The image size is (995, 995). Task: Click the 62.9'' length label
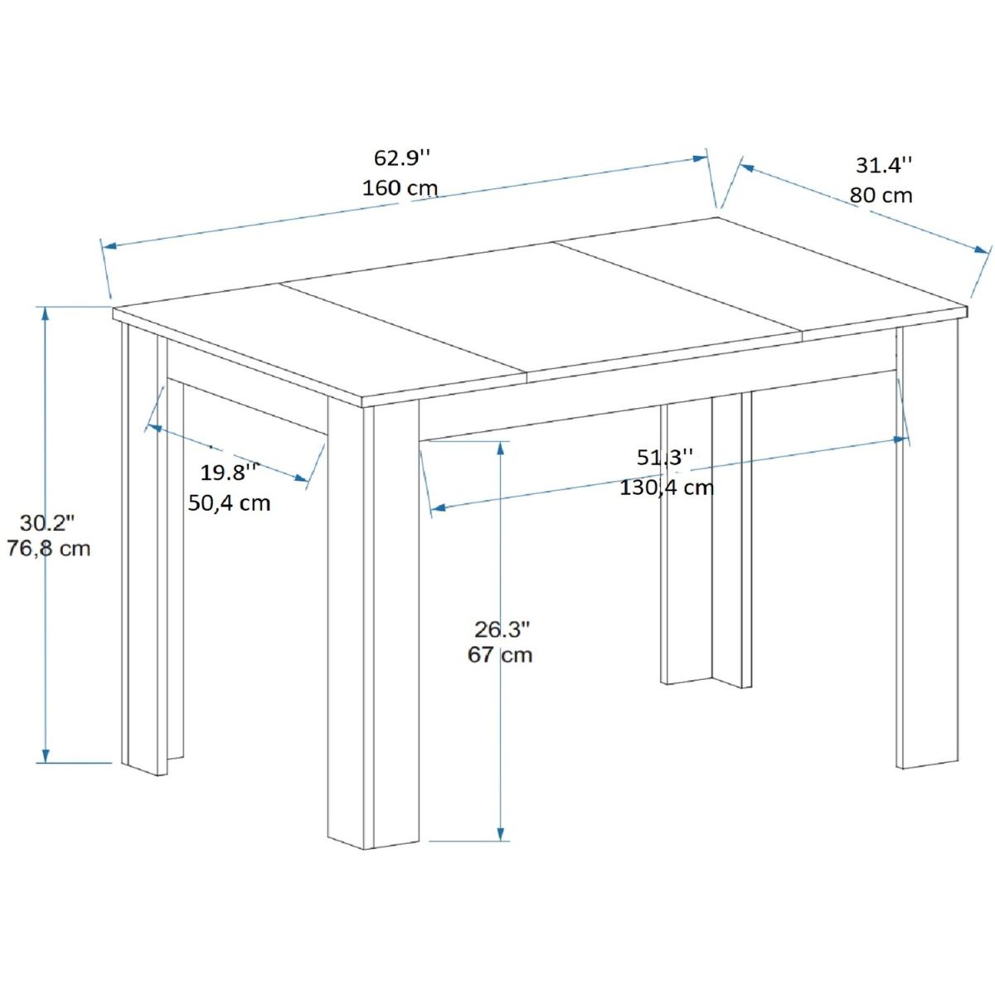tap(401, 158)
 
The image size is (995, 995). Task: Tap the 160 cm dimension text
tap(400, 188)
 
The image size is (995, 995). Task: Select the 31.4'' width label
tap(884, 165)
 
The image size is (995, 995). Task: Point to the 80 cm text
tap(881, 195)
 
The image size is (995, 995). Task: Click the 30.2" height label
tap(47, 523)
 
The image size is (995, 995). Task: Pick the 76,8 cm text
tap(49, 548)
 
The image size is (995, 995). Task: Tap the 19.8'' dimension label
tap(229, 473)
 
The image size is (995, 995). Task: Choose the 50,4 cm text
tap(229, 502)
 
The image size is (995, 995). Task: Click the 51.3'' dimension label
tap(665, 458)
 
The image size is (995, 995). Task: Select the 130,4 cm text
tap(667, 487)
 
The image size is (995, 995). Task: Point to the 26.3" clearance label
tap(502, 629)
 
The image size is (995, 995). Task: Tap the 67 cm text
tap(500, 655)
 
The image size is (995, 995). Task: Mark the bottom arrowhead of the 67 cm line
tap(500, 847)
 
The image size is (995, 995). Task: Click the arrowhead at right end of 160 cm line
tap(700, 158)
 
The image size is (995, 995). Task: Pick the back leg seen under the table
tap(706, 540)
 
